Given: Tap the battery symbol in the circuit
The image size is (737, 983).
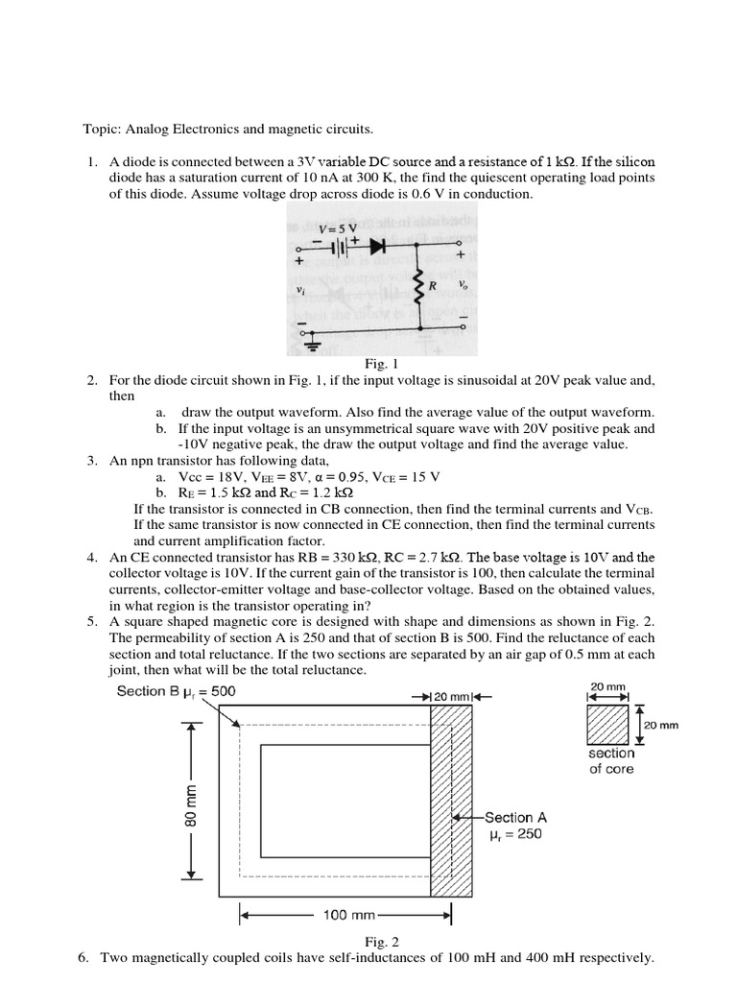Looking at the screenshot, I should click(340, 247).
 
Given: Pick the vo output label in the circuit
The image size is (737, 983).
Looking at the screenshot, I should click(464, 285).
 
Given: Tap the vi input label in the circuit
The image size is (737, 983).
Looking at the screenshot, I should click(301, 287).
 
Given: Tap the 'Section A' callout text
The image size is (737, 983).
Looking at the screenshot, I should click(515, 818).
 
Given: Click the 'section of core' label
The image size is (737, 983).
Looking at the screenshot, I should click(611, 761).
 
